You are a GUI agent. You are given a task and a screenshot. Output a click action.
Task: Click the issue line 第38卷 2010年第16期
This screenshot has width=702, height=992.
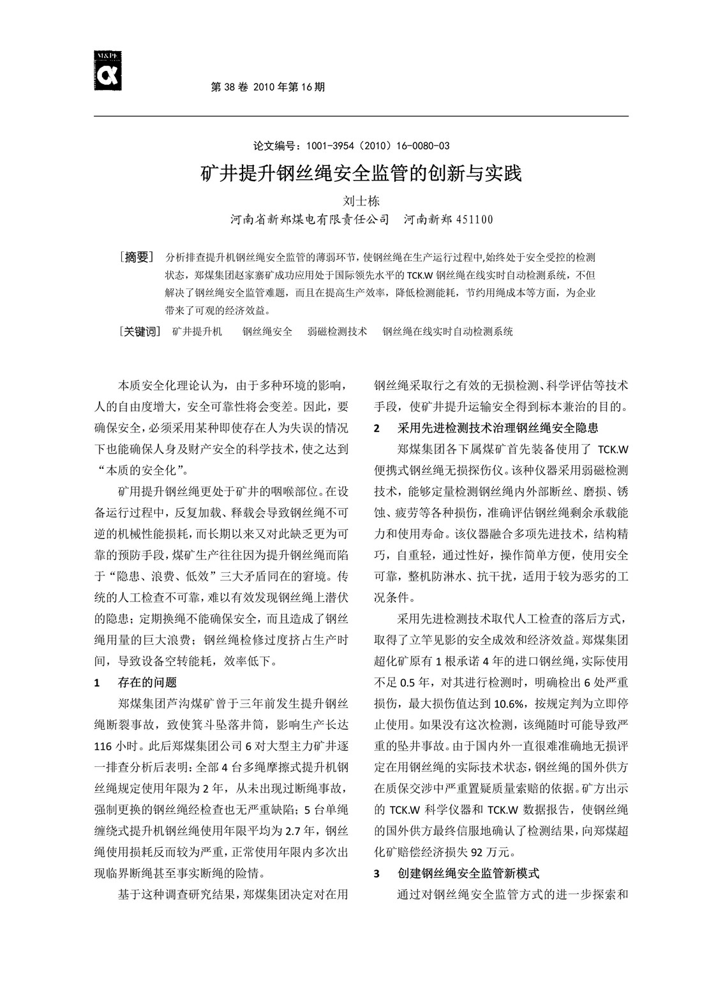click(267, 87)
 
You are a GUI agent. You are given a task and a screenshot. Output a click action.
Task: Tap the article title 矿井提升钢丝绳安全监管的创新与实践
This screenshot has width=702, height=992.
click(361, 173)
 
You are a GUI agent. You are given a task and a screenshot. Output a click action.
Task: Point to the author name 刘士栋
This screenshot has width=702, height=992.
click(361, 200)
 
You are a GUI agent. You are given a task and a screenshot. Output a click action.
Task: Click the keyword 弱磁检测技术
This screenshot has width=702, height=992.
click(337, 332)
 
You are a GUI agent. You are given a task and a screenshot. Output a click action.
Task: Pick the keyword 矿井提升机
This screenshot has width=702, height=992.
click(197, 332)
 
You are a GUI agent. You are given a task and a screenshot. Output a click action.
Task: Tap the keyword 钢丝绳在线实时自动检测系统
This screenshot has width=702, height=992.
click(447, 332)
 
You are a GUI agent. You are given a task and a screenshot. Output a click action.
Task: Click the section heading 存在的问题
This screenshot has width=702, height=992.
click(147, 683)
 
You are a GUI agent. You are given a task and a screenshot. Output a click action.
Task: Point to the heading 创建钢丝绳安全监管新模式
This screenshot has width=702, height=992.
click(468, 873)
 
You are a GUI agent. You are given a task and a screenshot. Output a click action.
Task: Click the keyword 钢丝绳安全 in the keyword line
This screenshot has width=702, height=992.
click(267, 332)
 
